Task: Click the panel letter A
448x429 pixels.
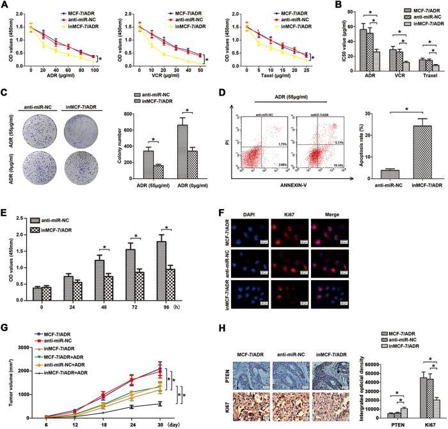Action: coord(5,6)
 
